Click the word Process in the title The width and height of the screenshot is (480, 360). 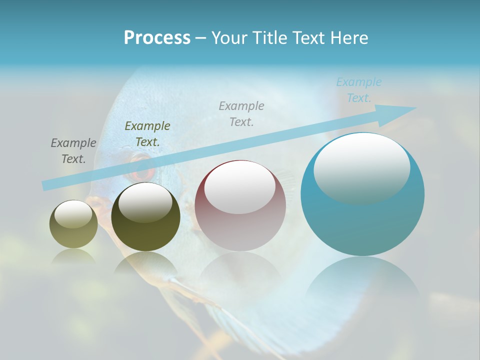click(x=157, y=38)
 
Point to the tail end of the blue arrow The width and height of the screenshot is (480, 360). click(x=44, y=186)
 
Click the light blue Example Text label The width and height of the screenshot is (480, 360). click(x=358, y=90)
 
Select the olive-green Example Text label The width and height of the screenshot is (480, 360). click(x=147, y=134)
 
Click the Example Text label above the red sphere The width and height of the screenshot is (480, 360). click(x=241, y=113)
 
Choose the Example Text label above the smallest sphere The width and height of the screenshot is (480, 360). click(x=73, y=151)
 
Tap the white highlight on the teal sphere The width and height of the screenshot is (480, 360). click(x=361, y=167)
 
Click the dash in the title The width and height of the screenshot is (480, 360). click(x=201, y=38)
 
